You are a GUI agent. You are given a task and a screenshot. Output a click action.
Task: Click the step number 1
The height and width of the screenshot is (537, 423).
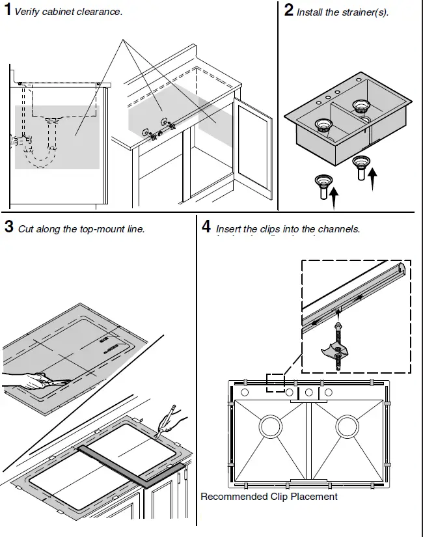coord(7,11)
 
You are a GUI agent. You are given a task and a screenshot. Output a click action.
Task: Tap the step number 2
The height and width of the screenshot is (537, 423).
coord(289,11)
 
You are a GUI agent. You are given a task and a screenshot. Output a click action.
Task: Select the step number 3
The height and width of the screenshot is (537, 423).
coord(8,227)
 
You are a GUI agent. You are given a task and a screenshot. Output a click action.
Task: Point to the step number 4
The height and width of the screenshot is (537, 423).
coord(206,227)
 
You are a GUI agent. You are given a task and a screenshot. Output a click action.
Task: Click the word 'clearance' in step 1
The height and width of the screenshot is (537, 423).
coord(101,12)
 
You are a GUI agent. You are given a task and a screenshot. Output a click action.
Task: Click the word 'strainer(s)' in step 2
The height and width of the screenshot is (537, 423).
coord(365,12)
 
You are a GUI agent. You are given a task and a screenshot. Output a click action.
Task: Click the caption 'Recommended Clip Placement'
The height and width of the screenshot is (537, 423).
coord(269,497)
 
